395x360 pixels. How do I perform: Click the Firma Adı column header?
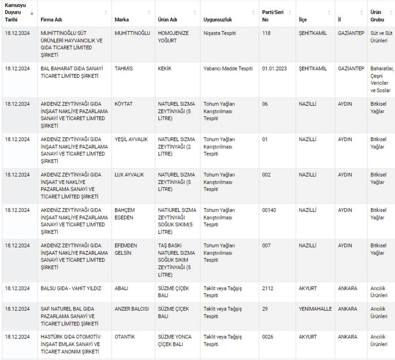[x=51, y=20]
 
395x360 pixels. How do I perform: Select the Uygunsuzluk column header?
[x=218, y=20]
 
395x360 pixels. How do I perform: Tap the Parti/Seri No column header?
[x=273, y=16]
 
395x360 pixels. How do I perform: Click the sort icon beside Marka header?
[x=149, y=12]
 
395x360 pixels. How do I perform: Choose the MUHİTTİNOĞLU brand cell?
[x=132, y=33]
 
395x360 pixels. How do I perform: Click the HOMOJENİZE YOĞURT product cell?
[x=173, y=37]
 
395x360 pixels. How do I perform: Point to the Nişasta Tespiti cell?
[x=220, y=33]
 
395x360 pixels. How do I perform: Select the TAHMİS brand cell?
[x=124, y=69]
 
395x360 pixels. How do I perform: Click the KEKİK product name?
[x=165, y=69]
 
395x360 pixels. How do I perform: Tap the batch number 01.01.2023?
[x=274, y=69]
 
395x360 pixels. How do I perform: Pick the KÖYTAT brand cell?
[x=123, y=104]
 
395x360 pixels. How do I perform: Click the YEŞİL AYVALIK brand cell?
[x=131, y=139]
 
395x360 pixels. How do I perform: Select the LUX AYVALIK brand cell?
[x=129, y=175]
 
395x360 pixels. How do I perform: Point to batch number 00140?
[x=269, y=210]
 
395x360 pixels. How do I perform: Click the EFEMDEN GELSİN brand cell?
[x=126, y=249]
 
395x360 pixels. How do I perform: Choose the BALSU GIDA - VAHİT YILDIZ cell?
[x=71, y=288]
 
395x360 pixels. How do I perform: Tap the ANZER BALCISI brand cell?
[x=132, y=309]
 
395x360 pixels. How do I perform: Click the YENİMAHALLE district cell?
[x=315, y=309]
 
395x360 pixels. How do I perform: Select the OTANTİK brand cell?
[x=125, y=337]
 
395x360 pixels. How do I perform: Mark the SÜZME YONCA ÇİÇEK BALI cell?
[x=174, y=341]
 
